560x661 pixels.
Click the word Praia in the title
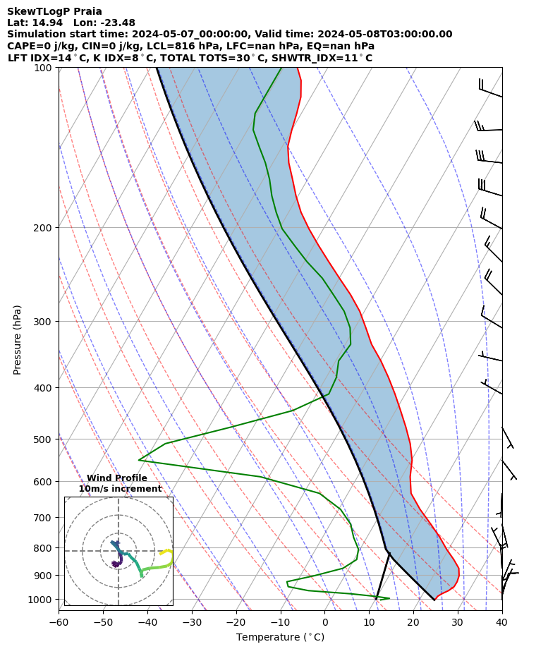click(x=87, y=11)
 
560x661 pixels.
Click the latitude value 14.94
click(x=47, y=23)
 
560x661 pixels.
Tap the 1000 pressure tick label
click(x=41, y=600)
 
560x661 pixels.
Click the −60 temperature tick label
click(x=59, y=622)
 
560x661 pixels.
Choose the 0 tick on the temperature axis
click(x=324, y=622)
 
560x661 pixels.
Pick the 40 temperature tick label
click(x=501, y=622)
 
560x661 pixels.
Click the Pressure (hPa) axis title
click(x=18, y=339)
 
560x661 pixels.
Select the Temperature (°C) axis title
click(x=280, y=638)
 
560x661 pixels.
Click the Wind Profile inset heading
click(x=117, y=478)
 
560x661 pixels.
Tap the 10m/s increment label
click(x=120, y=489)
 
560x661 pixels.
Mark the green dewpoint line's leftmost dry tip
click(x=139, y=460)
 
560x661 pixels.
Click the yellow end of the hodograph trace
click(x=162, y=554)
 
